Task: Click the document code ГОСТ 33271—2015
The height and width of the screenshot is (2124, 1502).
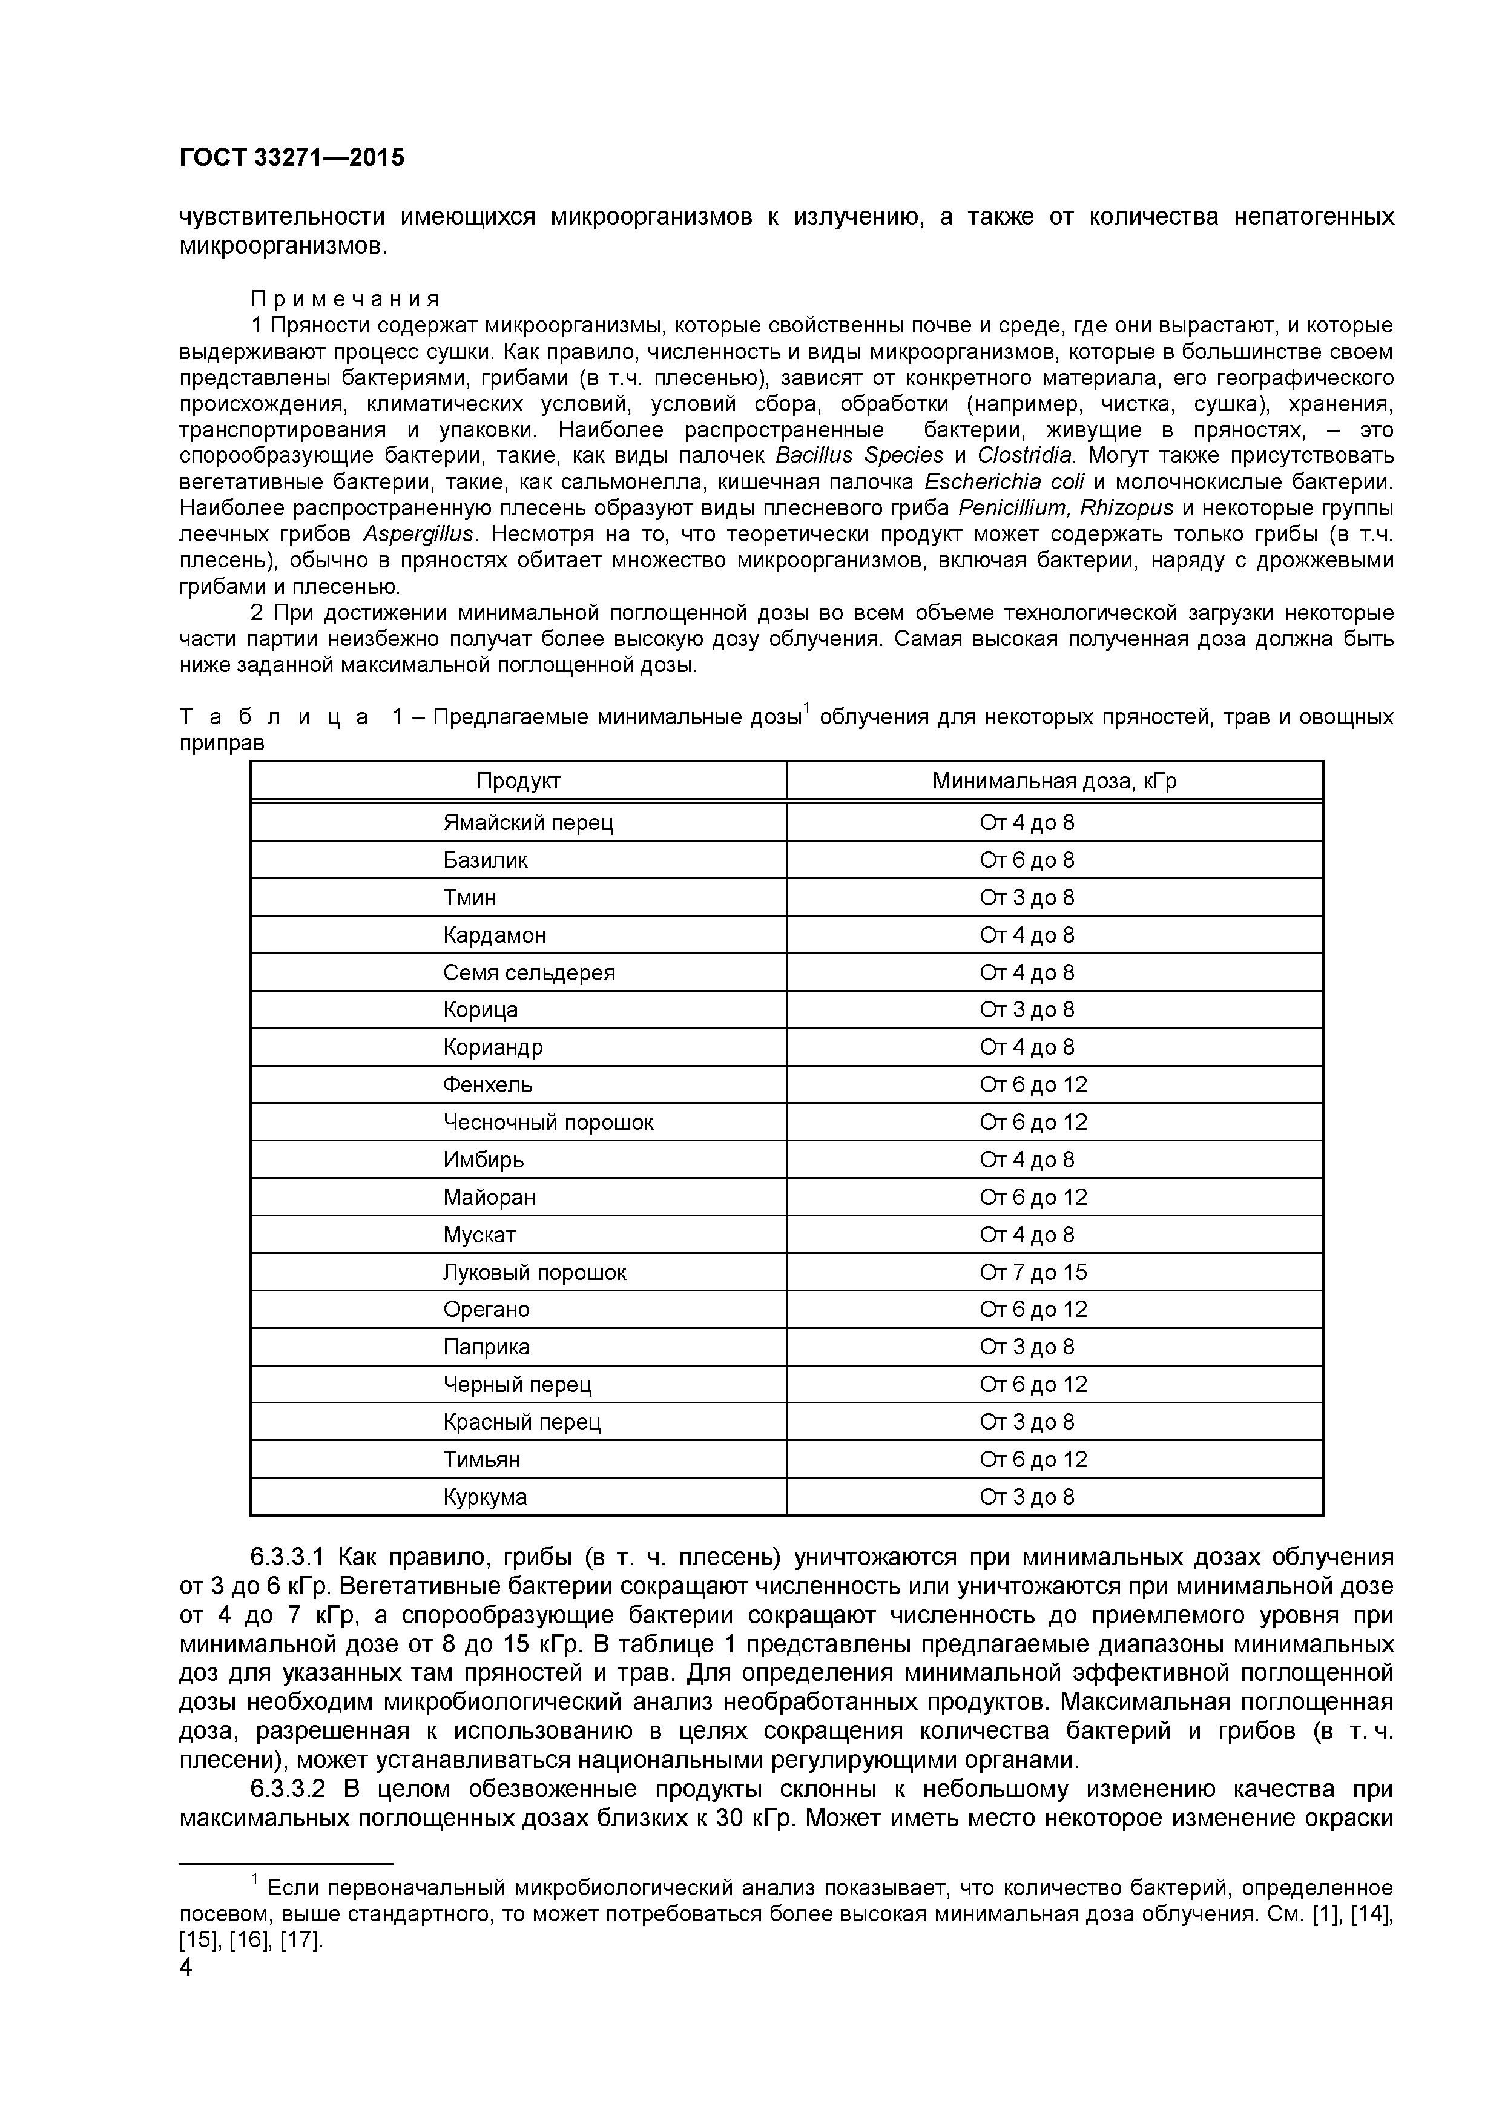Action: pyautogui.click(x=291, y=158)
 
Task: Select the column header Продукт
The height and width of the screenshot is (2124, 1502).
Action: pyautogui.click(x=518, y=781)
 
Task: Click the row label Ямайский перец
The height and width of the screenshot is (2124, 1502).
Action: pyautogui.click(x=527, y=822)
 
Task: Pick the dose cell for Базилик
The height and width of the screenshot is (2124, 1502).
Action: pyautogui.click(x=1027, y=860)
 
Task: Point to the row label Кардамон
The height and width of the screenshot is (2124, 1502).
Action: pyautogui.click(x=494, y=935)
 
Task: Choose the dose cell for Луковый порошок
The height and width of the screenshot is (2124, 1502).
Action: pyautogui.click(x=1033, y=1272)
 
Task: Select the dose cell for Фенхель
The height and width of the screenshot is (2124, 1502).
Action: pyautogui.click(x=1033, y=1084)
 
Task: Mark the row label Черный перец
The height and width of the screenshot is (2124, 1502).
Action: pyautogui.click(x=517, y=1384)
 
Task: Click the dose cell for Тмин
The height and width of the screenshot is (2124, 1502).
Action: pyautogui.click(x=1027, y=897)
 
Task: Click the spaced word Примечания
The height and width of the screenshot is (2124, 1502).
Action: pyautogui.click(x=346, y=300)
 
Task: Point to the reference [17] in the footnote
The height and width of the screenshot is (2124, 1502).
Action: pyautogui.click(x=301, y=1940)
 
